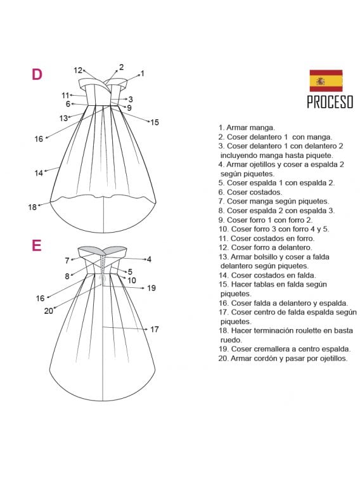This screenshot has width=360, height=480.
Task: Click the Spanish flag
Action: pos(326,81)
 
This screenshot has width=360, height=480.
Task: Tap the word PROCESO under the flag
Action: pos(330,102)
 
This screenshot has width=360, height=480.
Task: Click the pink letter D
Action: pos(37,74)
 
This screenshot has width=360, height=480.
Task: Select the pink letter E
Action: pos(36,245)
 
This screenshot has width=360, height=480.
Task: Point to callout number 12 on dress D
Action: pos(78,70)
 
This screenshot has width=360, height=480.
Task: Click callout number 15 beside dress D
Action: pos(155,122)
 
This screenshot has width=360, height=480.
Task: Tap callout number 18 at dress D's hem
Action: pos(32,207)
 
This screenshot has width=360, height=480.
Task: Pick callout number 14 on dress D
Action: pos(39,173)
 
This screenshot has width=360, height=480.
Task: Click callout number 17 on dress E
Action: pos(155,329)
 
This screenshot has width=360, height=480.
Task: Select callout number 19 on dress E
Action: pos(151,288)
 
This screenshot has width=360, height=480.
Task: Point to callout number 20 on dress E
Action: pos(49,311)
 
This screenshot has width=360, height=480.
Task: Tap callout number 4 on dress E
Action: pos(150,259)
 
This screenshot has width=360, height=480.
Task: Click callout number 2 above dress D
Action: pos(122,67)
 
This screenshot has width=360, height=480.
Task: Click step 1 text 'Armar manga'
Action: pos(250,127)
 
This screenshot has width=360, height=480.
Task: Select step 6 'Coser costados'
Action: pos(254,192)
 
